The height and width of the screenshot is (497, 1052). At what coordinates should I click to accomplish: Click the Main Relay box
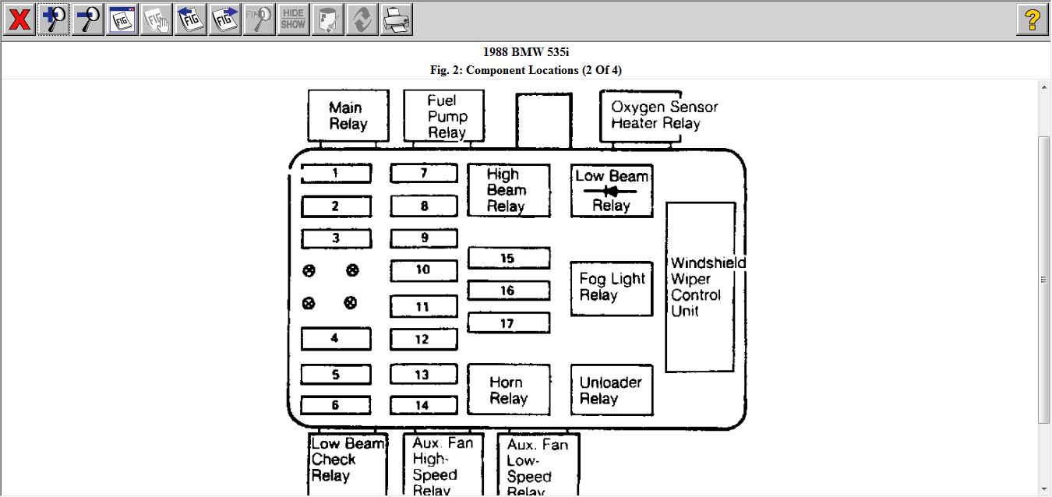[348, 116]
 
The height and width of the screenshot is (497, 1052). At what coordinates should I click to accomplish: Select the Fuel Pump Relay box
[443, 116]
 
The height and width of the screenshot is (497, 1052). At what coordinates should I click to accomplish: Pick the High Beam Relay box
[508, 190]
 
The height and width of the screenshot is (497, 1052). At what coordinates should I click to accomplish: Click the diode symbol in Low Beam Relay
[611, 191]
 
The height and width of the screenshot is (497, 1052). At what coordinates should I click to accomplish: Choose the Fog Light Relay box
[612, 288]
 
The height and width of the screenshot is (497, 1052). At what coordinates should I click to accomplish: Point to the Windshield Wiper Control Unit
[700, 287]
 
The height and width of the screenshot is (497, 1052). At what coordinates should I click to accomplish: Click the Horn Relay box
[508, 390]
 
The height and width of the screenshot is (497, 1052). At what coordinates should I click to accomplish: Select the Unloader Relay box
[612, 390]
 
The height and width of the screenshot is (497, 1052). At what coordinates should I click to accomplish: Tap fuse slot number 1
[336, 173]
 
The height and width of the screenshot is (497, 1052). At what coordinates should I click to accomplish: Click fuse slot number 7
[424, 173]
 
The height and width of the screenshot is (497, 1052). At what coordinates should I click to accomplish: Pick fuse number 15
[508, 258]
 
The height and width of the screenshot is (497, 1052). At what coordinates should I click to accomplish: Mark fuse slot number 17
[508, 323]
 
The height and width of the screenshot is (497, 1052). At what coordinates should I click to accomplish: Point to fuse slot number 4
[336, 339]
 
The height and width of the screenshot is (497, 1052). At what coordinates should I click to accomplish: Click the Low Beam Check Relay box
[348, 462]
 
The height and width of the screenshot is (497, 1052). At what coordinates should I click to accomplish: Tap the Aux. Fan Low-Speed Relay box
[538, 465]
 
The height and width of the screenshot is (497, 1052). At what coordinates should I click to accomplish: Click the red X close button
[19, 19]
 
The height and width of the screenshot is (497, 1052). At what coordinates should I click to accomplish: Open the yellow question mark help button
[1032, 19]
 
